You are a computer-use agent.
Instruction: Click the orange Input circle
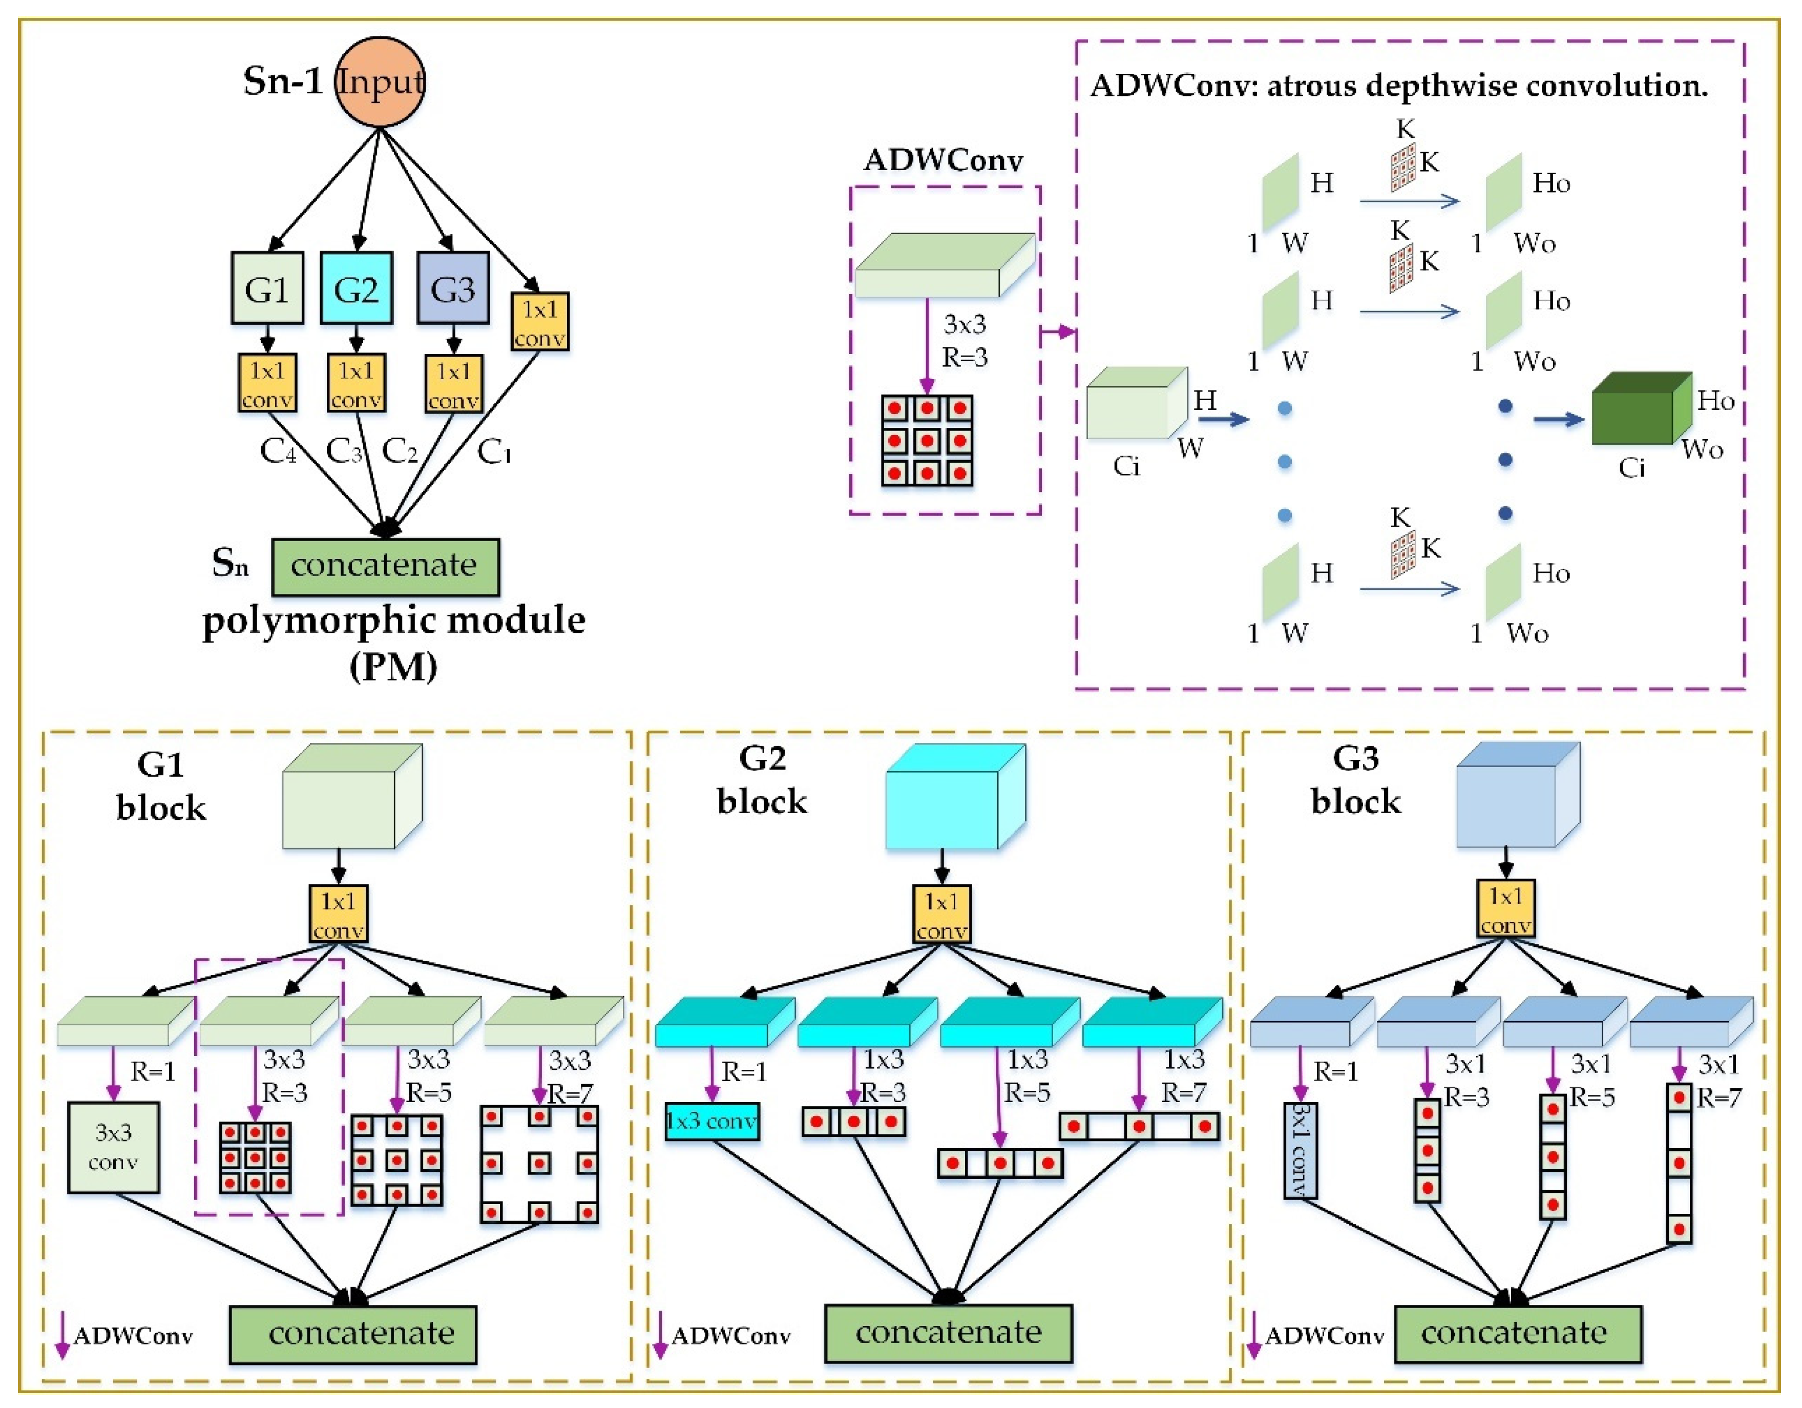(x=380, y=81)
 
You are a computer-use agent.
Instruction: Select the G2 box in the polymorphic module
(x=355, y=288)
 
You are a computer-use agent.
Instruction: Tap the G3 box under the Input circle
(x=452, y=288)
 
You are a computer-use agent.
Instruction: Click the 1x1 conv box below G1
(x=266, y=383)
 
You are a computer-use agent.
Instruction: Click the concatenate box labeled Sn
(x=385, y=566)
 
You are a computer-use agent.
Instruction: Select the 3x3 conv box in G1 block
(x=113, y=1147)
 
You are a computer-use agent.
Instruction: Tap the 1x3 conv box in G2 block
(x=711, y=1121)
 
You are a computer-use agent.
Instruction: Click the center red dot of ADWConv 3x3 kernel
(x=927, y=441)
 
